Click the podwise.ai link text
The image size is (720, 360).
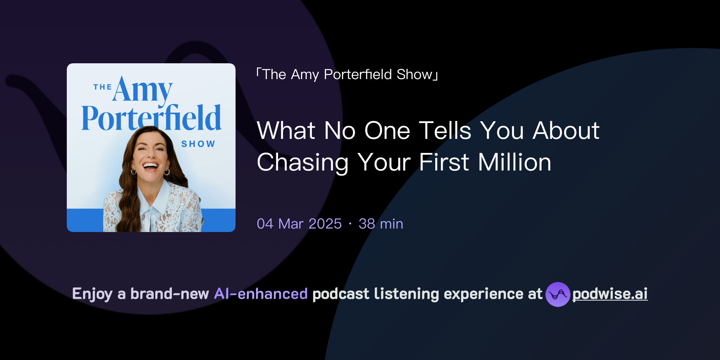point(610,294)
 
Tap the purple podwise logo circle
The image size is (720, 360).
point(558,294)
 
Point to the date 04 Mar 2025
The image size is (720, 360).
point(299,224)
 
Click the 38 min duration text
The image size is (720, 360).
point(381,224)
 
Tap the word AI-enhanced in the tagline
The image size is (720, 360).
point(261,294)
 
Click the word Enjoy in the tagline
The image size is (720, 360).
point(92,294)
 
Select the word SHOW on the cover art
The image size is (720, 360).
point(198,144)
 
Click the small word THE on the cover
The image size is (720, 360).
point(102,87)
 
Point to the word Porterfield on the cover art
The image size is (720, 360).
point(151,118)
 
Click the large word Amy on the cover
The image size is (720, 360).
point(142,90)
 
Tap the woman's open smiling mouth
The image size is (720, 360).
point(150,166)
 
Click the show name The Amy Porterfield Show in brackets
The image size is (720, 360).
point(347,75)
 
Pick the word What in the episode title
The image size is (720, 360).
point(286,131)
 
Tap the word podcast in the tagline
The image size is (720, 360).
point(341,294)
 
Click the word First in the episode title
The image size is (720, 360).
point(444,162)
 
